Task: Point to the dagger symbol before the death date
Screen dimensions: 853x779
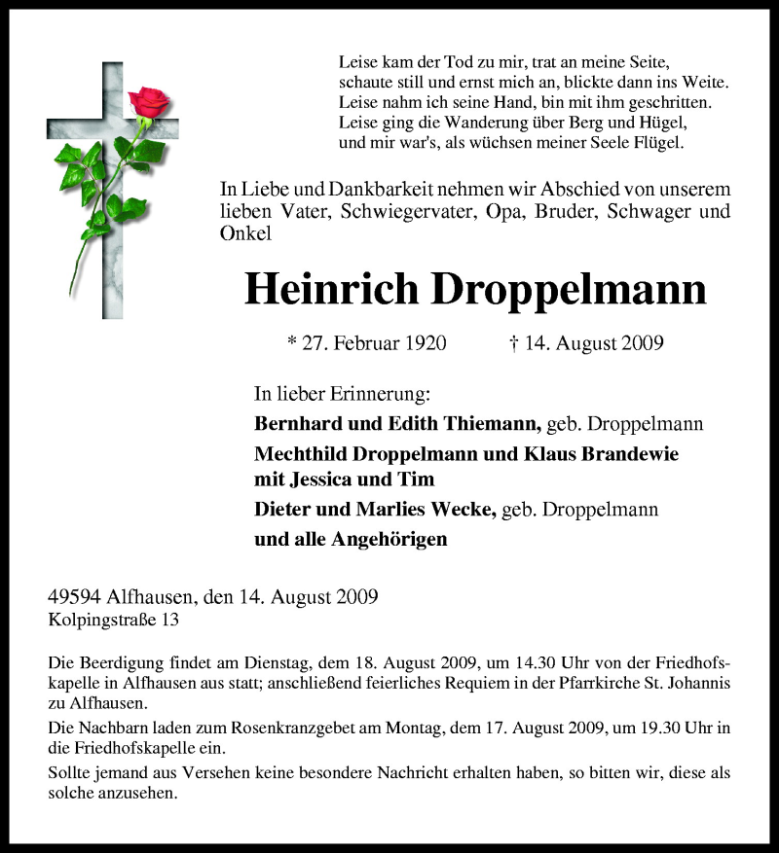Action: (512, 342)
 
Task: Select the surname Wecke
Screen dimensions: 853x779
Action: (462, 509)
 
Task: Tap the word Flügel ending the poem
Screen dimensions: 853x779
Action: (657, 143)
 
